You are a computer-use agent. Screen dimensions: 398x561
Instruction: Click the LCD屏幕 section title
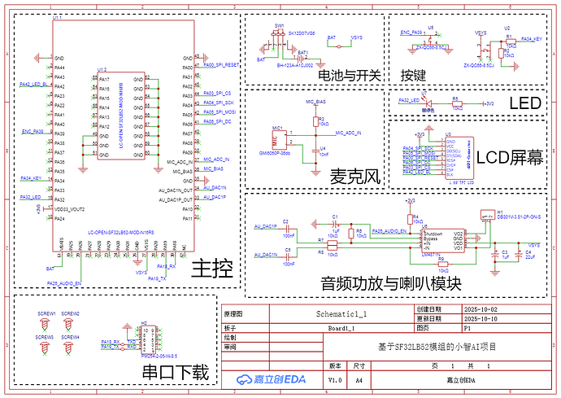[509, 158]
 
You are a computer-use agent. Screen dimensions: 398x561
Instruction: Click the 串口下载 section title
[176, 373]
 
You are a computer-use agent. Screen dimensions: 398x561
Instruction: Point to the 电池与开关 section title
[350, 75]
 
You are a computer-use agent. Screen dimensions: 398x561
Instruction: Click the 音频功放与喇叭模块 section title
[391, 284]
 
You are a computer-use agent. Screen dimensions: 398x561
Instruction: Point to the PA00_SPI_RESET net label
[220, 63]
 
